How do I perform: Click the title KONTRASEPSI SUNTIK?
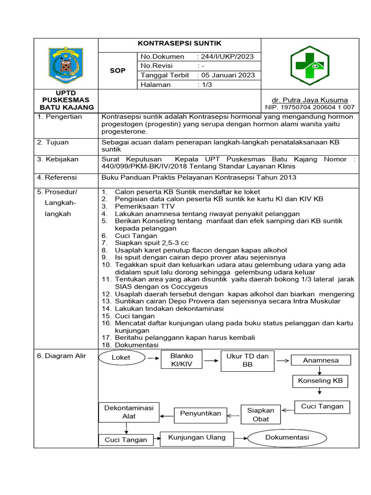pos(179,44)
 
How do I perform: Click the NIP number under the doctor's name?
pos(310,107)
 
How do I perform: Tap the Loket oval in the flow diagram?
pos(121,358)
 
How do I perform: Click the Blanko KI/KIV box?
pos(181,360)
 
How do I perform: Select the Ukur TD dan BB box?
pos(247,360)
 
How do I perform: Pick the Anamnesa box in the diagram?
pos(320,360)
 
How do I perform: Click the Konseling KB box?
pos(320,381)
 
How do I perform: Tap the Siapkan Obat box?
pos(260,414)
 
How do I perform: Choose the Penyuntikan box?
pos(200,413)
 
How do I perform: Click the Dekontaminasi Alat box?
pos(128,412)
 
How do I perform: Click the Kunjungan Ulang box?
pos(197,437)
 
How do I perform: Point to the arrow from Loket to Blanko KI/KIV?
pos(153,358)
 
